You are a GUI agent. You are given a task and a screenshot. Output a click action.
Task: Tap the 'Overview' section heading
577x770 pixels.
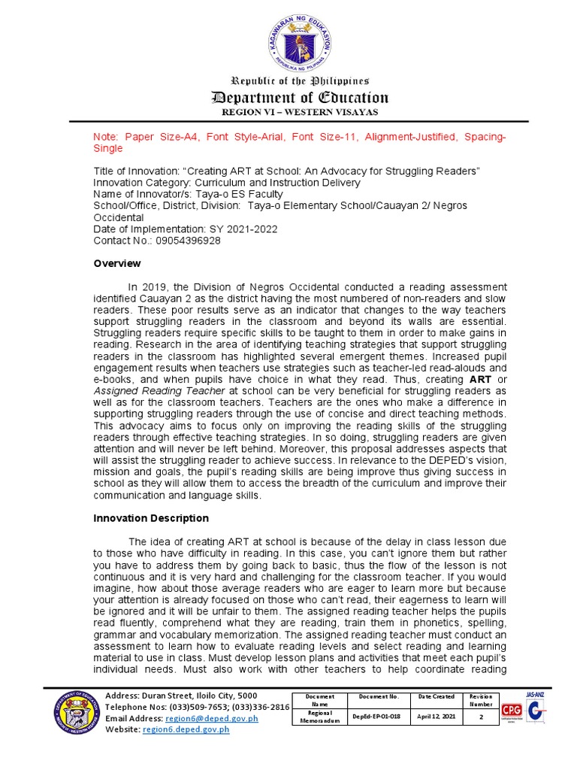click(x=116, y=263)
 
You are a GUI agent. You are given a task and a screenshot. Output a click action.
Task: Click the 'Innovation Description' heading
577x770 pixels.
click(x=150, y=518)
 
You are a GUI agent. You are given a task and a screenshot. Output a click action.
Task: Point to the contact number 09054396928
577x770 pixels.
click(x=183, y=241)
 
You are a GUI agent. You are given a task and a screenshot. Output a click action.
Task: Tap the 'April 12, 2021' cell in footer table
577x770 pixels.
click(x=437, y=717)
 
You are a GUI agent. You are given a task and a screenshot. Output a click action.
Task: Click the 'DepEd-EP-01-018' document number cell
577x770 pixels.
click(x=376, y=717)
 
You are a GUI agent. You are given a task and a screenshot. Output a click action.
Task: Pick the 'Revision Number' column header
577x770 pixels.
click(x=481, y=701)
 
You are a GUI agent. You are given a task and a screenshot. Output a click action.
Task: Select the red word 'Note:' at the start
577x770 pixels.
click(x=106, y=138)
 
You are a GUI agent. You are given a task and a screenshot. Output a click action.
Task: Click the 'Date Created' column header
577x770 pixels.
click(x=437, y=697)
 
